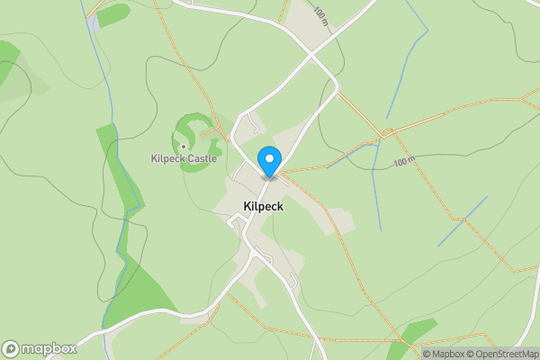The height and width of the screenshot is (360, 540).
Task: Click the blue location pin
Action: click(268, 161)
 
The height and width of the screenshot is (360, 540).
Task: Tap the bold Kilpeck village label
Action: click(264, 206)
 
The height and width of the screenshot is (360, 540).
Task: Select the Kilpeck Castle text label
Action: click(184, 159)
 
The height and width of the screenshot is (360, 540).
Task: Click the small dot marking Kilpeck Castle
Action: click(184, 147)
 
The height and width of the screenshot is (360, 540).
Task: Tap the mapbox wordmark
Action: click(49, 348)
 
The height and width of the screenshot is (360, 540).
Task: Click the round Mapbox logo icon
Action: click(12, 348)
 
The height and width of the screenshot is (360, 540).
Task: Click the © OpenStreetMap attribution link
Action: click(500, 354)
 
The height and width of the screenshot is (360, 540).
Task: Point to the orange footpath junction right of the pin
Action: click(386, 133)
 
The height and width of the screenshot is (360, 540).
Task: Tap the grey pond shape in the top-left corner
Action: click(94, 22)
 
